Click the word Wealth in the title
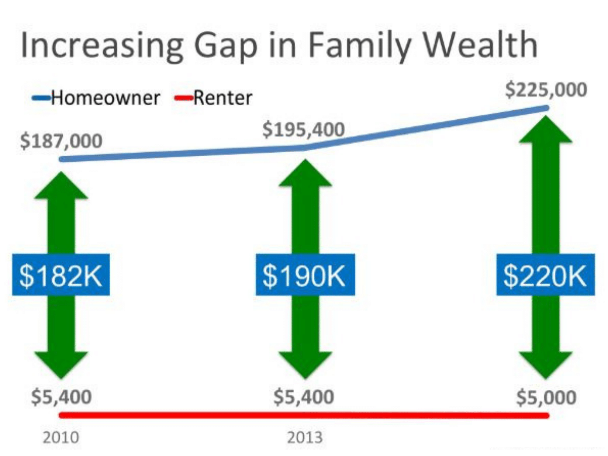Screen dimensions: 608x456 tap(481, 45)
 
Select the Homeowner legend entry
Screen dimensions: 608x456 tap(96, 98)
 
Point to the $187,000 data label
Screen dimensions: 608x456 tap(61, 141)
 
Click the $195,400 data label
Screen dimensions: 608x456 tap(303, 129)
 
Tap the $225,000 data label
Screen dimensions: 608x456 tap(546, 90)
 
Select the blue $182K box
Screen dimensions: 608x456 tap(61, 275)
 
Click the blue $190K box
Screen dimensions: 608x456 tap(305, 275)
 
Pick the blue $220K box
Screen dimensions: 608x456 tap(546, 275)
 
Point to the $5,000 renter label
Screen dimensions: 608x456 tap(546, 397)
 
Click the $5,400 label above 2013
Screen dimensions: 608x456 tap(304, 397)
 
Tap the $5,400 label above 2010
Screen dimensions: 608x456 tap(61, 397)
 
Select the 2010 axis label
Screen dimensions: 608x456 tap(61, 438)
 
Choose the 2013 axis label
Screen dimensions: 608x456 tap(305, 438)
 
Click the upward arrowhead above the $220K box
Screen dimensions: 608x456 tap(546, 130)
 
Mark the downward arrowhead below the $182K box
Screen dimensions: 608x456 tap(61, 365)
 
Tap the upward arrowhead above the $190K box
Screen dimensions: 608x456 tap(305, 173)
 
